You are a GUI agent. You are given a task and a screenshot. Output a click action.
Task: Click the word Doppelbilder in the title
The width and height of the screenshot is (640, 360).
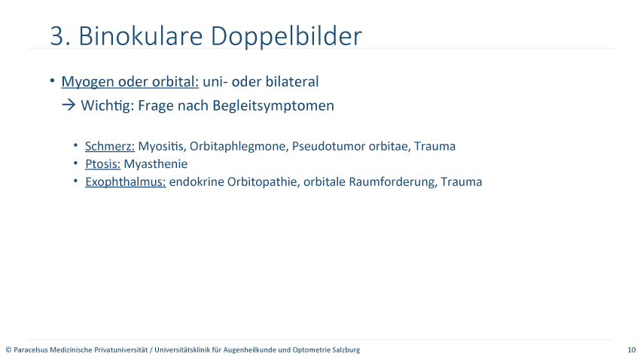286,37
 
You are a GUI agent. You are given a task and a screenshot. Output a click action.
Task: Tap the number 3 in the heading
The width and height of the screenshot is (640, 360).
57,36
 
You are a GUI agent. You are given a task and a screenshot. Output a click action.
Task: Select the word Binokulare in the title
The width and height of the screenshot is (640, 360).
140,35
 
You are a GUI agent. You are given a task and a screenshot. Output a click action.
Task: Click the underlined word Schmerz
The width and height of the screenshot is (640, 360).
110,146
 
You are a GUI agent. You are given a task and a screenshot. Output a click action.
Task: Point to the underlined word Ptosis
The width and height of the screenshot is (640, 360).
103,164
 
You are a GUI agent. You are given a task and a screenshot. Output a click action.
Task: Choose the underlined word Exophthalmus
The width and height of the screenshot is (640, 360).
125,182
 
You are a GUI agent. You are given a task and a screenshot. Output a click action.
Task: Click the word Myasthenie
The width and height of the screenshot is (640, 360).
156,164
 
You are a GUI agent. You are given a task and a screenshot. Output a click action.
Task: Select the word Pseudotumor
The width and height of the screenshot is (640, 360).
328,146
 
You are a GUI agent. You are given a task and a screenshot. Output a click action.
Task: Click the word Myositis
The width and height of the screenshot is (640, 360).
162,147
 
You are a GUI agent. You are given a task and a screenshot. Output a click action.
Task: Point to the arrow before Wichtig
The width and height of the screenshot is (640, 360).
69,105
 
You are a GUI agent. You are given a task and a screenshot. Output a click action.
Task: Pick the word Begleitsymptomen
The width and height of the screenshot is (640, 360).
273,105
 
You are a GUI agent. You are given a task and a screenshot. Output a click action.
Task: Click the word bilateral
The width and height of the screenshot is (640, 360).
292,81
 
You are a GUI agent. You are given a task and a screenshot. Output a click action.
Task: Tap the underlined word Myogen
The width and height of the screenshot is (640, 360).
88,82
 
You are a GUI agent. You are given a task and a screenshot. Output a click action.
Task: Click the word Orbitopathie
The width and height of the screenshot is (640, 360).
264,182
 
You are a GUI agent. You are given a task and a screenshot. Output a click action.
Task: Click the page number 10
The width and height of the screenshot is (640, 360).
632,349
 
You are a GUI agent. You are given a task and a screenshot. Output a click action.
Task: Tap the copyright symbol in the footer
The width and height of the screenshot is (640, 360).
8,349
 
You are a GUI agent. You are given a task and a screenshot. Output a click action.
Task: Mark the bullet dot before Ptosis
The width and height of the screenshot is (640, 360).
75,163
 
